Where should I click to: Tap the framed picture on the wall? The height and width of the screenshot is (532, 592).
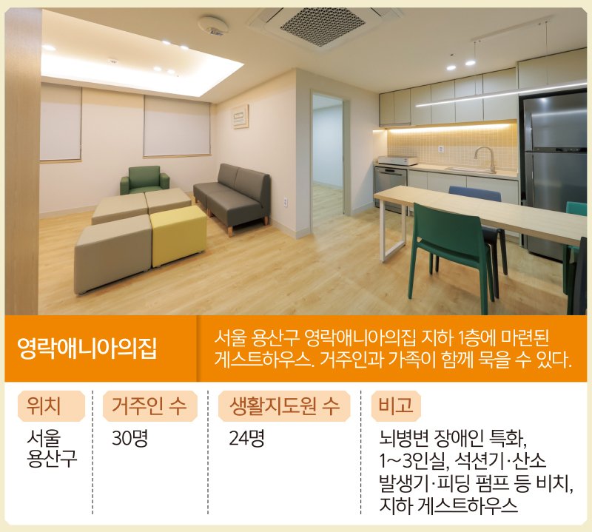[240, 116]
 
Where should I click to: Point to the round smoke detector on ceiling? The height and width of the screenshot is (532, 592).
[213, 25]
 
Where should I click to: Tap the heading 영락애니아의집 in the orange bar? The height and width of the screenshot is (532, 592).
[87, 348]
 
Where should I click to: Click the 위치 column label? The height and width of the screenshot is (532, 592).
[44, 406]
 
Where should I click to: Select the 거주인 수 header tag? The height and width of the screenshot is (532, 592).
[150, 406]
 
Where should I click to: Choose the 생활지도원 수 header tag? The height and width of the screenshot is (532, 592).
[284, 406]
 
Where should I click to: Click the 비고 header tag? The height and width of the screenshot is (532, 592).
[396, 406]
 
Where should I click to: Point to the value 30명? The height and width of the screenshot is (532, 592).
[129, 438]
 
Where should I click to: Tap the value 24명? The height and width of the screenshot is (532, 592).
[246, 438]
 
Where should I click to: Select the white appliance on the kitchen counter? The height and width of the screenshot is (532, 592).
[397, 161]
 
